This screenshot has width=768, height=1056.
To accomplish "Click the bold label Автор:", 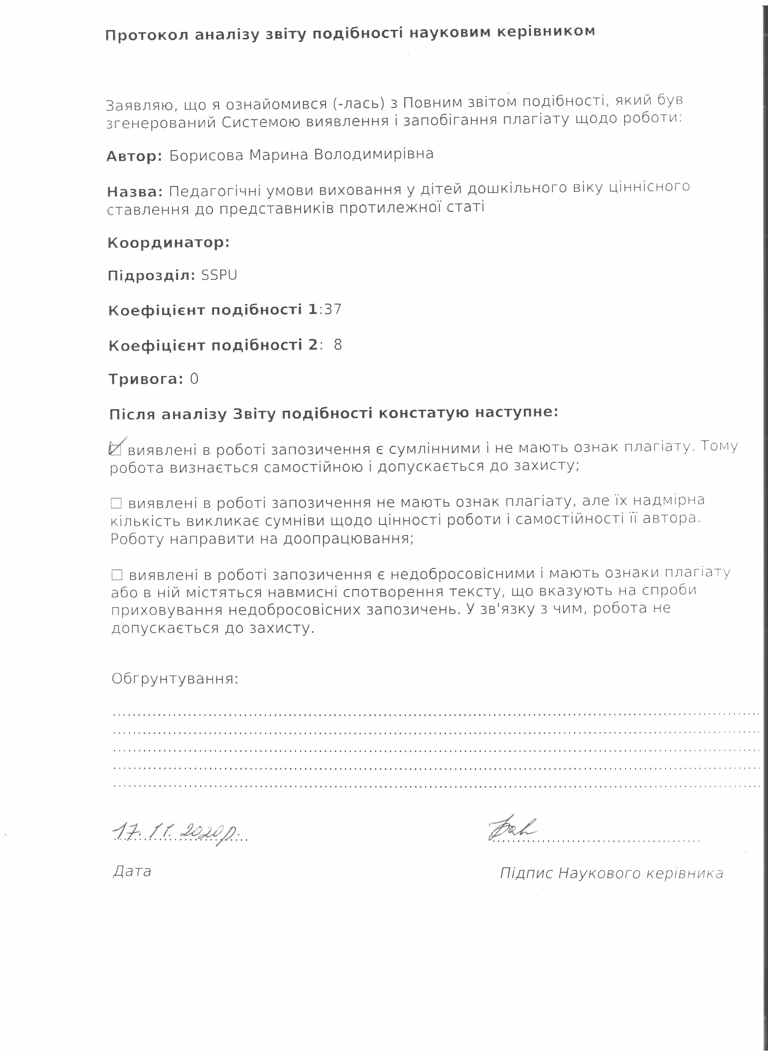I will click(x=134, y=156).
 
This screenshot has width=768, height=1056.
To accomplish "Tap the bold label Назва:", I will click(x=135, y=191).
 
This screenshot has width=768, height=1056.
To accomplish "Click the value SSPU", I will click(x=219, y=275).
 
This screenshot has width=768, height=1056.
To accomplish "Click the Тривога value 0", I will click(x=194, y=379).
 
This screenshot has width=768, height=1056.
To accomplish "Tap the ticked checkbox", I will click(x=115, y=449).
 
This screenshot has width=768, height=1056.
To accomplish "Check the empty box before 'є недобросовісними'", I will click(x=117, y=575).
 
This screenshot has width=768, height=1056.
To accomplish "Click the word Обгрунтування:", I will click(x=175, y=679).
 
